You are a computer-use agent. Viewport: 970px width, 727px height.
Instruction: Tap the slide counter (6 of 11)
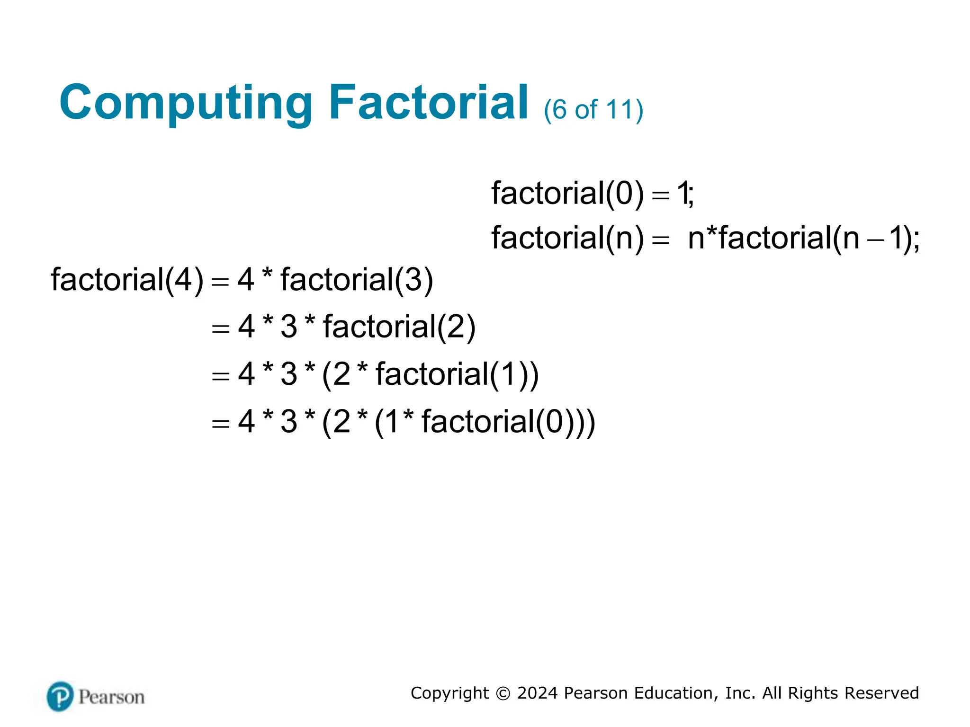(593, 110)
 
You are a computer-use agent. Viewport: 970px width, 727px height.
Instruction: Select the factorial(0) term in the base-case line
(567, 194)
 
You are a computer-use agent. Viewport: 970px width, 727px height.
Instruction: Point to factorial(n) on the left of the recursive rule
(567, 238)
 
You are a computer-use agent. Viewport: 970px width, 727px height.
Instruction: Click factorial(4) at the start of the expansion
(127, 280)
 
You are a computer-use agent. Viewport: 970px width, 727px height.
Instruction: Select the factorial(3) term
(357, 280)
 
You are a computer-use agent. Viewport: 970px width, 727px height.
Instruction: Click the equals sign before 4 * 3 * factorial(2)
(221, 328)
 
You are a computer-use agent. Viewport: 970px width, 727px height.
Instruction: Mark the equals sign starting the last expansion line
(221, 423)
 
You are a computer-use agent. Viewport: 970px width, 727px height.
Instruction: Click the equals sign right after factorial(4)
(221, 282)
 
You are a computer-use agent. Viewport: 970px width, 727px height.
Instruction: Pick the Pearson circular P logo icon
(60, 696)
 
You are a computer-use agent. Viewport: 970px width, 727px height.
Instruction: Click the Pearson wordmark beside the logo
(111, 697)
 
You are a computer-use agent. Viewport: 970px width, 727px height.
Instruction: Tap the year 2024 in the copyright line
(538, 693)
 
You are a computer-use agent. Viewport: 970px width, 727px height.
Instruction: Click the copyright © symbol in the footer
(503, 693)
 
